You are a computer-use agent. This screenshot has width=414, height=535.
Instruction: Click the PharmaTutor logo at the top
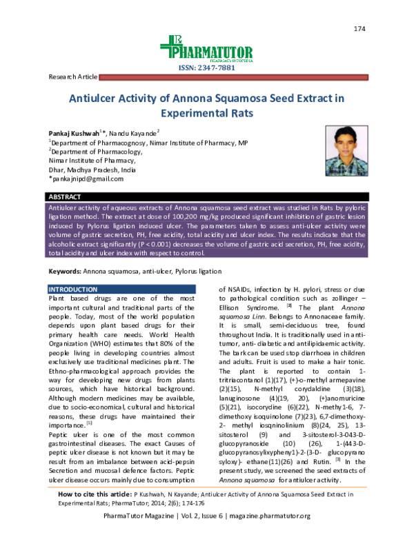click(x=206, y=48)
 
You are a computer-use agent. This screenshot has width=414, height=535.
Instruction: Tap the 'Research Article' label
click(x=70, y=77)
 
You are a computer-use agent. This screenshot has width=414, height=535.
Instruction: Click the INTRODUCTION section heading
click(x=72, y=288)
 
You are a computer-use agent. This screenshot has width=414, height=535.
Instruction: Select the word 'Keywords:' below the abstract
click(x=65, y=272)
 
